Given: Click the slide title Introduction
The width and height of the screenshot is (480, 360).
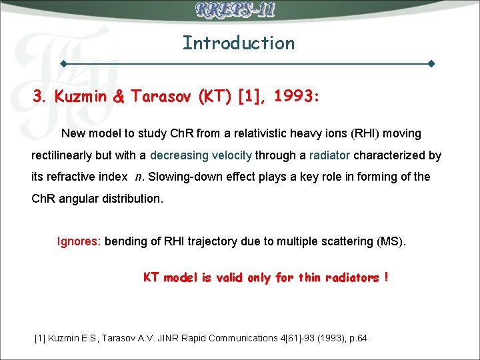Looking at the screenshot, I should tap(239, 43).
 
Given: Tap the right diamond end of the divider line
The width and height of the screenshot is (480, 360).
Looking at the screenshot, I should tap(431, 64).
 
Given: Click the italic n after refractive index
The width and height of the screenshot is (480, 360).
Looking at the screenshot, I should tap(138, 177).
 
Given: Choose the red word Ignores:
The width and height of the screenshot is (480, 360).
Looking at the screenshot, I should tap(79, 241).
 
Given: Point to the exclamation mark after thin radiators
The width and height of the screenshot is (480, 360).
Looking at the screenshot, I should tap(387, 277).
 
